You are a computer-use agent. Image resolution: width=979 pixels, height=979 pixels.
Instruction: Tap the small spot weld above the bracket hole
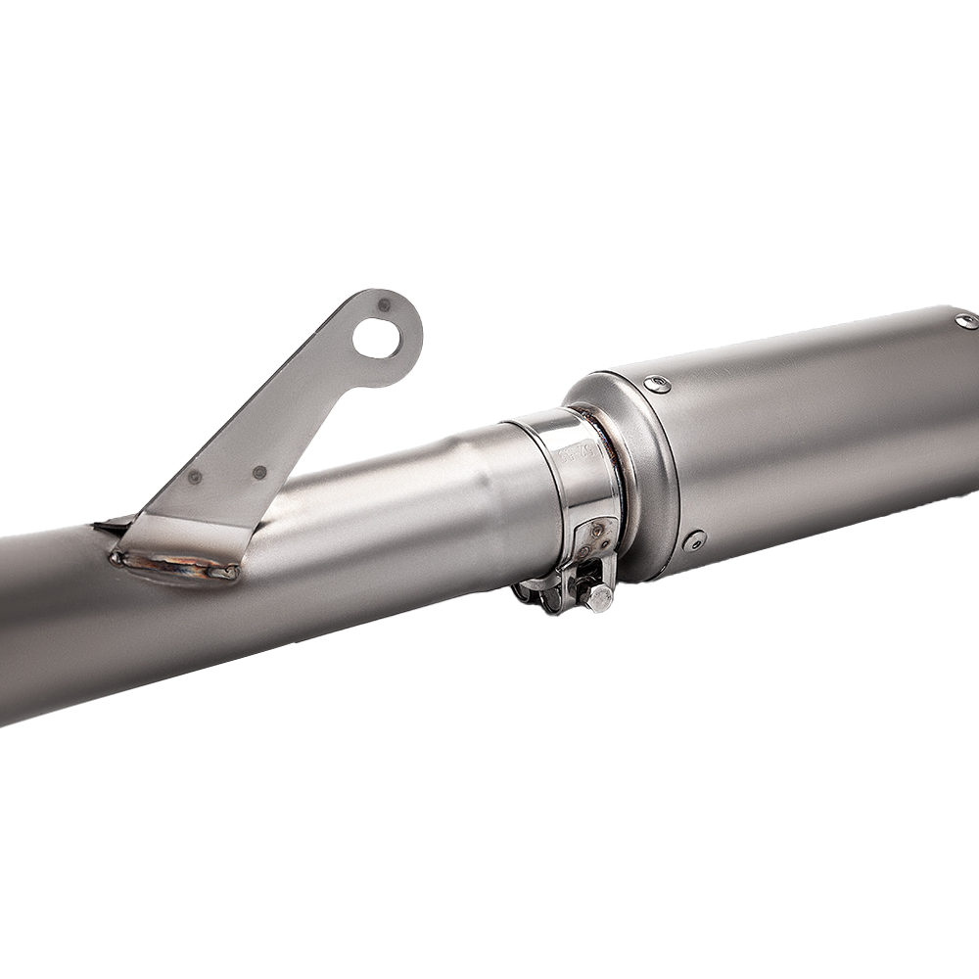coord(384,304)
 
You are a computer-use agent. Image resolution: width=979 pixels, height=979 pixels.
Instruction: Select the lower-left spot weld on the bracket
coord(195,477)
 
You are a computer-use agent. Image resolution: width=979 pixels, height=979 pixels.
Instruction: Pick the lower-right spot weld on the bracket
coord(259,472)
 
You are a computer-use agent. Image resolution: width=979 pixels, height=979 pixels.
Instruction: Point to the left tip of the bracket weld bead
coord(117,558)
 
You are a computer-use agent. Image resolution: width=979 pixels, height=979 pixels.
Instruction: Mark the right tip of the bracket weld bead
coord(235,574)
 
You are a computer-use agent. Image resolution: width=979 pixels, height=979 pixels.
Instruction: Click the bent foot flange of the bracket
coord(186,538)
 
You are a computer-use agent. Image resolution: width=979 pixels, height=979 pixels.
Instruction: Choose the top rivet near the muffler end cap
coord(657,385)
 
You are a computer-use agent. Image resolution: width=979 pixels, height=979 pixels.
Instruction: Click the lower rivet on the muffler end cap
coord(695,539)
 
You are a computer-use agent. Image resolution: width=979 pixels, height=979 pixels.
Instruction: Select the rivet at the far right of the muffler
coord(966,320)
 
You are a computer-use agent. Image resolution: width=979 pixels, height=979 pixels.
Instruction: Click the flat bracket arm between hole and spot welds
coord(294,401)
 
